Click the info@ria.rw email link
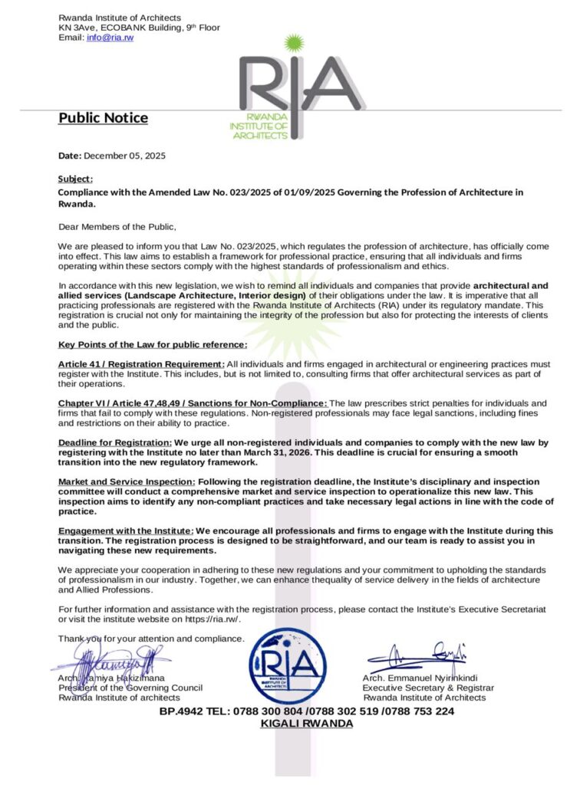(110, 38)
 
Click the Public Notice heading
(103, 118)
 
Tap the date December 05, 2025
(124, 156)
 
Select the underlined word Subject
(74, 179)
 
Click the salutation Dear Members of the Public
(117, 226)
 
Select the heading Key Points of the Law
(153, 344)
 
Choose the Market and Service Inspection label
(126, 481)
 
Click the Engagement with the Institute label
(125, 530)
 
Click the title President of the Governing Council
(130, 688)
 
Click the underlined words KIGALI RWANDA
(307, 724)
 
